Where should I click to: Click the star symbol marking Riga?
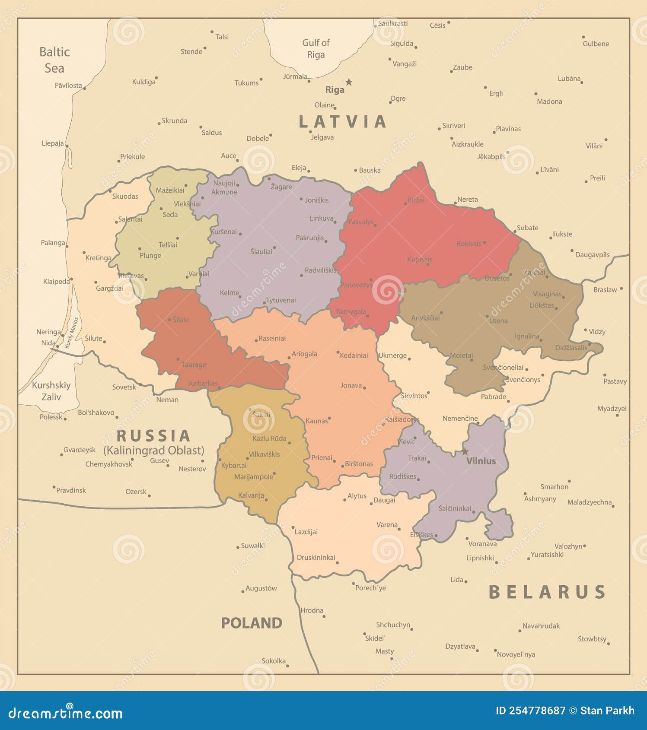click(x=349, y=82)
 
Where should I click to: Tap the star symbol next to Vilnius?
click(x=465, y=451)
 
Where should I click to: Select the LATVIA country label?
click(x=342, y=121)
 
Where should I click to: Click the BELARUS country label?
click(x=547, y=592)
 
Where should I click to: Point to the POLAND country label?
click(x=252, y=623)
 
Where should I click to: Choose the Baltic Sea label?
click(x=54, y=60)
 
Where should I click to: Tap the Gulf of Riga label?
click(x=316, y=48)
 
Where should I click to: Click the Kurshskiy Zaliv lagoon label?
click(x=51, y=391)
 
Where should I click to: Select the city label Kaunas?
click(x=316, y=421)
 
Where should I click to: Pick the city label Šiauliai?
click(x=261, y=251)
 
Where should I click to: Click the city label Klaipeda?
click(x=56, y=282)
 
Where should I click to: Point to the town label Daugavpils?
click(x=592, y=255)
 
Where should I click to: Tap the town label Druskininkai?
click(x=316, y=558)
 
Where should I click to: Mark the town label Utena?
click(x=498, y=321)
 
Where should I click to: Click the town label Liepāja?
click(x=53, y=143)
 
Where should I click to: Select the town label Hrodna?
click(x=312, y=610)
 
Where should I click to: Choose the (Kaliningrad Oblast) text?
click(x=153, y=451)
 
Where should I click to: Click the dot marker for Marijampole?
click(x=274, y=473)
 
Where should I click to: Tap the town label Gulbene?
click(x=596, y=44)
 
